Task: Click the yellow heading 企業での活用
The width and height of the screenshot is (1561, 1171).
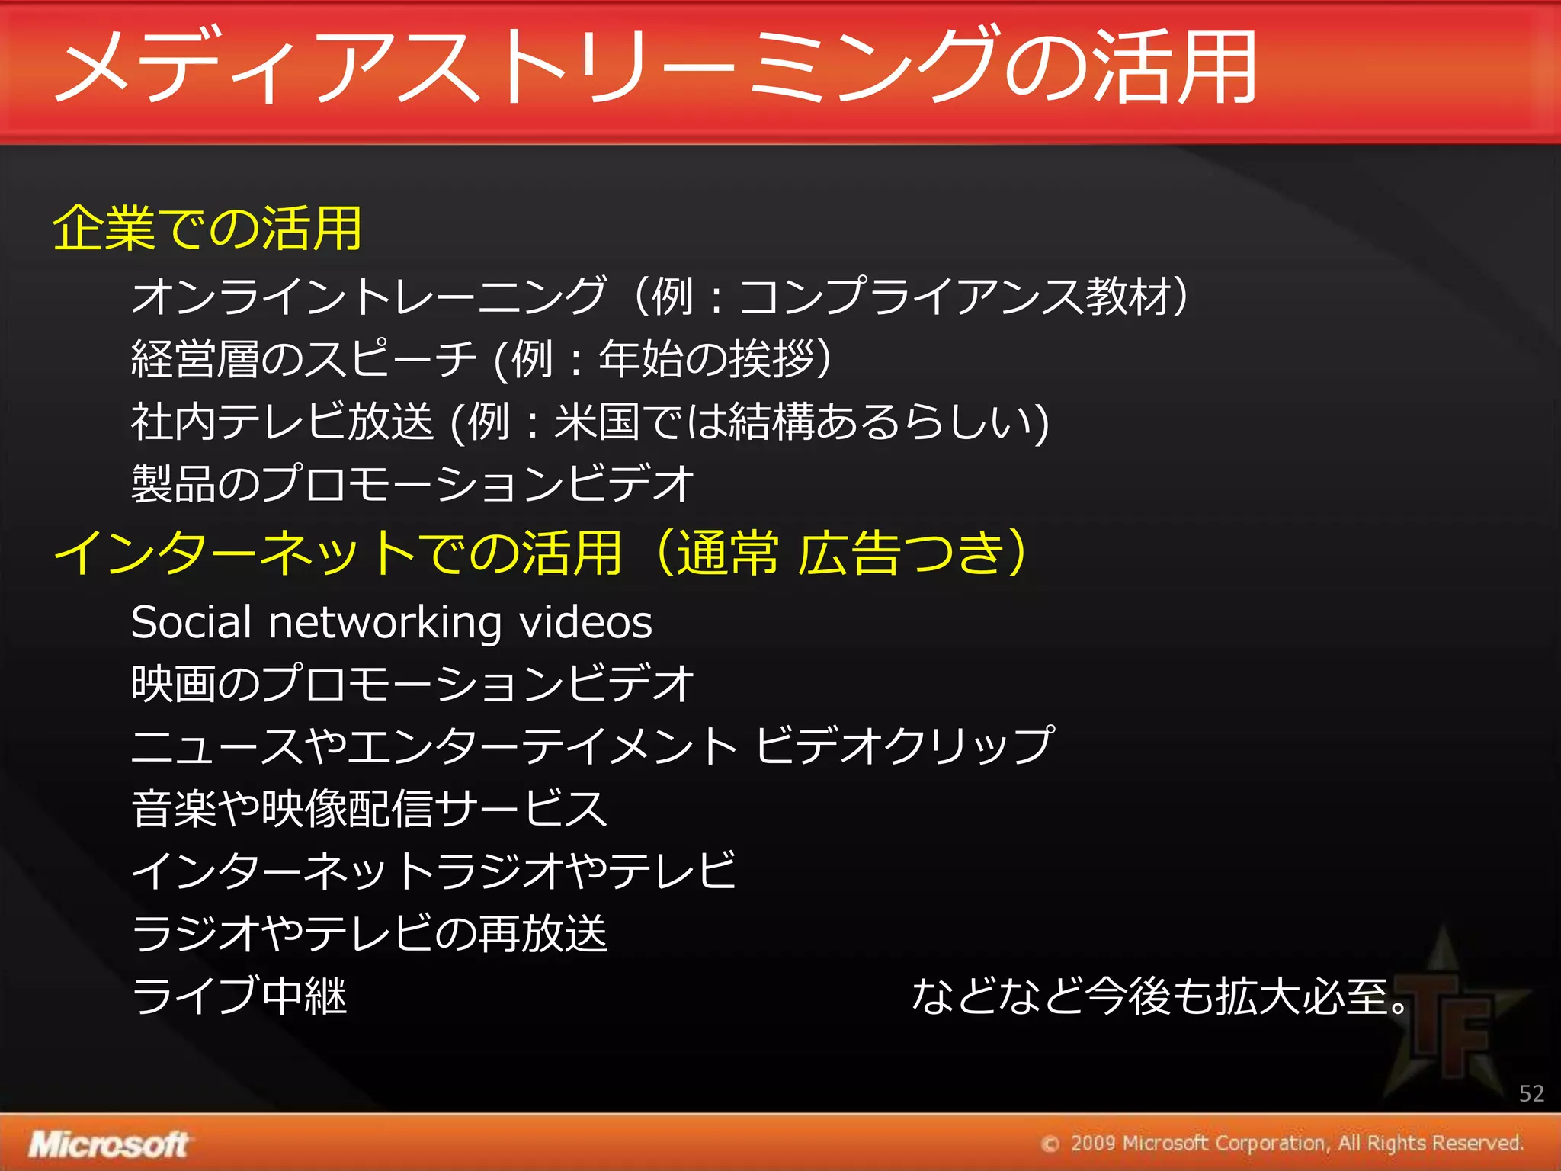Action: click(207, 229)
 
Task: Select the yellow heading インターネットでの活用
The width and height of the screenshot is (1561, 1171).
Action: click(338, 553)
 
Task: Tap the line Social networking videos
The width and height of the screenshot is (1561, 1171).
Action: click(392, 622)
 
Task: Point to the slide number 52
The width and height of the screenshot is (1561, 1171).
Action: click(1531, 1094)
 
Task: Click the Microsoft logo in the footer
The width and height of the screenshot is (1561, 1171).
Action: click(108, 1144)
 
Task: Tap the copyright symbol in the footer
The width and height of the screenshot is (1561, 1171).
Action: click(1050, 1144)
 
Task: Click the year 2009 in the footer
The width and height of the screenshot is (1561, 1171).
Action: click(1092, 1144)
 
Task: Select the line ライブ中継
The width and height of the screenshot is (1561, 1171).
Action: click(239, 996)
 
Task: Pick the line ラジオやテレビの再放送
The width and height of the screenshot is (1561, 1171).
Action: click(370, 933)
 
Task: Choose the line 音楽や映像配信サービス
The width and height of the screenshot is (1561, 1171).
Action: click(370, 809)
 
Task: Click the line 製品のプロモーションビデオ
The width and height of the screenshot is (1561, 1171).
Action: click(412, 484)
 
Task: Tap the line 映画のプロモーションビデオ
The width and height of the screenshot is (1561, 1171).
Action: click(412, 683)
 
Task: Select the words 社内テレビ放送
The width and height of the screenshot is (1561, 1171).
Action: click(282, 422)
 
